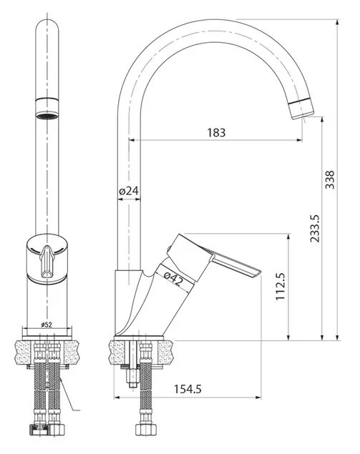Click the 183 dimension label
[x=216, y=132]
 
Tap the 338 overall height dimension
[x=329, y=179]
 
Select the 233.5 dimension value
[x=314, y=229]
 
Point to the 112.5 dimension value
[x=281, y=287]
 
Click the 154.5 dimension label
[x=188, y=389]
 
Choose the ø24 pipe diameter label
[x=129, y=191]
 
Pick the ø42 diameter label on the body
[x=174, y=279]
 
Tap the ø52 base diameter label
[x=47, y=325]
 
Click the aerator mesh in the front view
[x=47, y=116]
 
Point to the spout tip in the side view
[x=303, y=114]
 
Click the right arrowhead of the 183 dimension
[x=299, y=140]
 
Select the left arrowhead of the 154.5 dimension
[x=117, y=398]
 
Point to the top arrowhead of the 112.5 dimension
[x=288, y=237]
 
